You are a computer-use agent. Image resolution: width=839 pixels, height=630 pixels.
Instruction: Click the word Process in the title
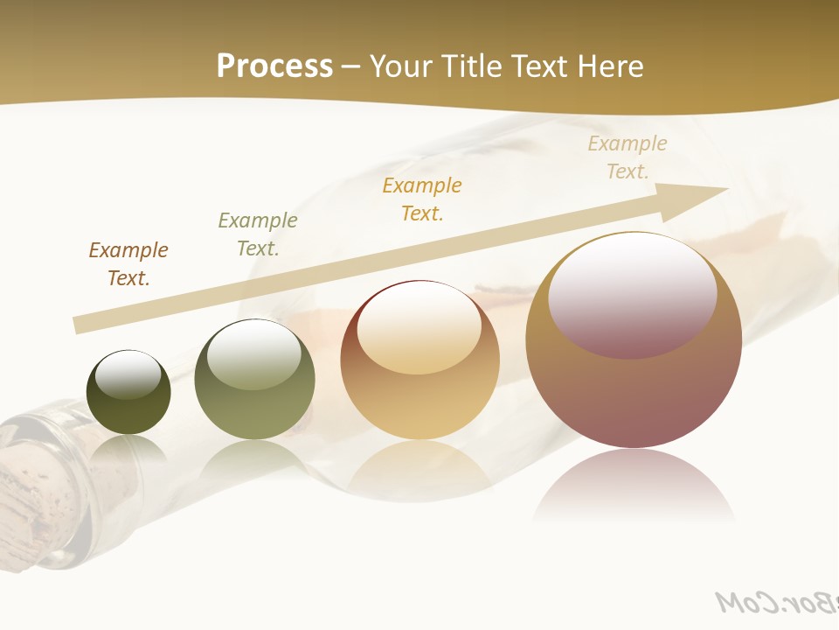point(274,66)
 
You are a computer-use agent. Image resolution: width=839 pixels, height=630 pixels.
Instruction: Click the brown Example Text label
point(128,263)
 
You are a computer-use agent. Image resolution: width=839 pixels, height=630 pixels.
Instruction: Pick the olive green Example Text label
point(258,234)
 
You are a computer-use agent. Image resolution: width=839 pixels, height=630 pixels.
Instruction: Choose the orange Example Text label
point(422,199)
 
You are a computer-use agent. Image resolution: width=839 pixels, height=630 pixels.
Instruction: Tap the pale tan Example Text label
point(628,157)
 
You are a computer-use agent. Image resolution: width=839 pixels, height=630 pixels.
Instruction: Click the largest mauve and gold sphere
point(634,394)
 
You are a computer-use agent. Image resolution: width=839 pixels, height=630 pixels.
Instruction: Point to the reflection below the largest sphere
point(634,486)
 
